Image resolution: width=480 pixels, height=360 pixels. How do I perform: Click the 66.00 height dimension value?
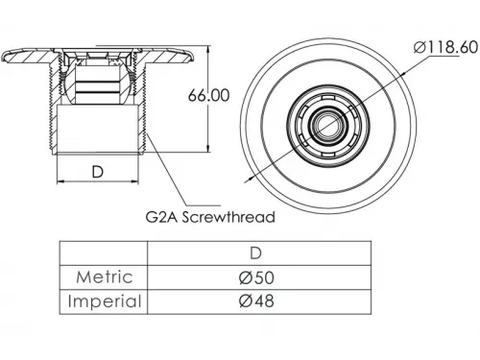208,95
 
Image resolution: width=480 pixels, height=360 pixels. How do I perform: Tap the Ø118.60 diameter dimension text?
445,48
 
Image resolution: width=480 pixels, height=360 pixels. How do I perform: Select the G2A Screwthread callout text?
210,217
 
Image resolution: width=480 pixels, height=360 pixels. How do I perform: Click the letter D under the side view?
98,172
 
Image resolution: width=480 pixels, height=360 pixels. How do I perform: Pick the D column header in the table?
255,253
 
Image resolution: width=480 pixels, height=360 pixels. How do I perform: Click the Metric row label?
105,276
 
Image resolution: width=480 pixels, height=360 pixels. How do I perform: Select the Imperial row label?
105,301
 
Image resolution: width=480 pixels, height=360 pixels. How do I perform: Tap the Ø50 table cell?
256,277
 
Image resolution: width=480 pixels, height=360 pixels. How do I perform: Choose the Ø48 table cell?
256,301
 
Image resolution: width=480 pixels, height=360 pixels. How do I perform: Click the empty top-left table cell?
104,253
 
